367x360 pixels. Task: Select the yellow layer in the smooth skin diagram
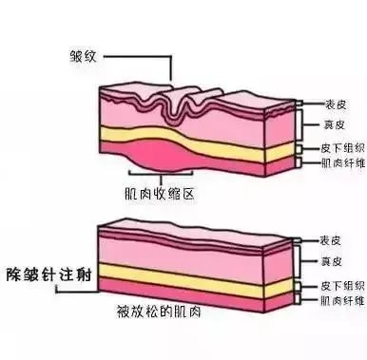pyautogui.click(x=190, y=276)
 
